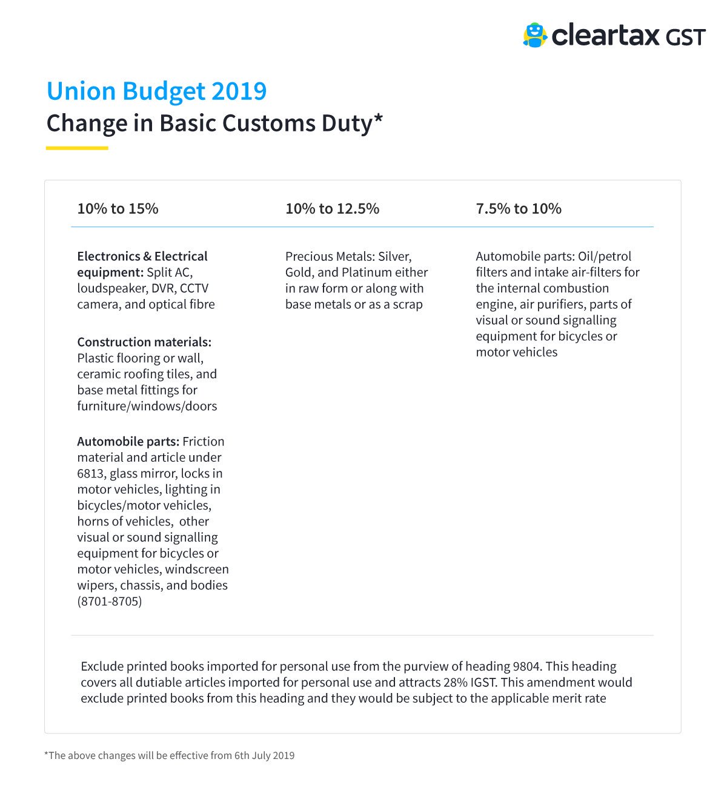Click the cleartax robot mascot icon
pos(534,35)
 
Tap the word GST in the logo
pos(686,38)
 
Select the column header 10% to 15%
pos(118,209)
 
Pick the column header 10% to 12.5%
pos(332,209)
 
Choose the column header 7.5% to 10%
pos(519,209)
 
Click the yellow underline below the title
pos(77,148)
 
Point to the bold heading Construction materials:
pos(144,342)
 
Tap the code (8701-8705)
pos(110,602)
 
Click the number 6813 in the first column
pos(91,473)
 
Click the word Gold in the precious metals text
pos(299,272)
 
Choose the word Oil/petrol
pos(605,257)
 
